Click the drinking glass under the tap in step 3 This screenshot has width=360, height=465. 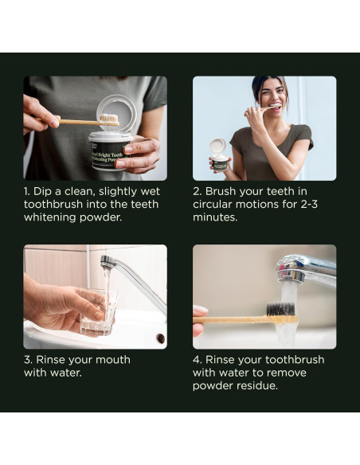[100, 312]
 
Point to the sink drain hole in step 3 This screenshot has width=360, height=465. [160, 338]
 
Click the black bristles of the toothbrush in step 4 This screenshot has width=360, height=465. [280, 309]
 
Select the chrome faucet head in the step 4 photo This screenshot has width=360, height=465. [292, 268]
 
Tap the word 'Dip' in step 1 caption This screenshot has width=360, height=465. [43, 192]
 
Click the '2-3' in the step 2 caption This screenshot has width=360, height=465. [309, 205]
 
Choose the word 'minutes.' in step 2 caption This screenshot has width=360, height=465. [215, 217]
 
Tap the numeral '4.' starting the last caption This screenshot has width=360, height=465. [198, 360]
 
